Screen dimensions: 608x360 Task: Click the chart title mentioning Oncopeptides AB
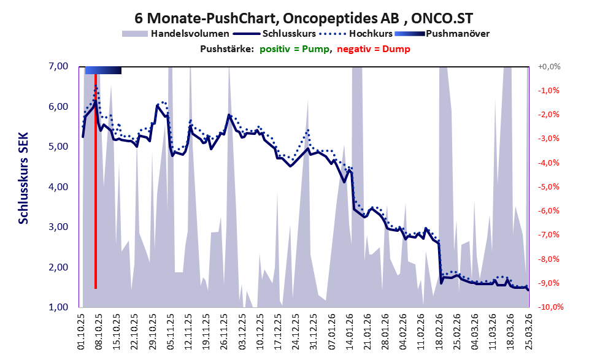[304, 18]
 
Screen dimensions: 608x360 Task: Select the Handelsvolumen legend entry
[175, 34]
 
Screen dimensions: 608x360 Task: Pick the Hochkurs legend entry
[356, 34]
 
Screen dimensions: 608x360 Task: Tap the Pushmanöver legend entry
[442, 34]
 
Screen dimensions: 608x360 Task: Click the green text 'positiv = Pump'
[294, 49]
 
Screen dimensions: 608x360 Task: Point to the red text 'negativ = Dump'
[374, 49]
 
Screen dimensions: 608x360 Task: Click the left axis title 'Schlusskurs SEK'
[24, 178]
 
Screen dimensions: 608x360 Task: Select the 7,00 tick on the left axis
[59, 66]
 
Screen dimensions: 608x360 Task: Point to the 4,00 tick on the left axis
[59, 187]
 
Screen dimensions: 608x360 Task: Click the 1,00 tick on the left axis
[59, 307]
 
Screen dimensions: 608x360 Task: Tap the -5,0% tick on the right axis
[548, 187]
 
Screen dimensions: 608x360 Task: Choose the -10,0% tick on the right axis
[550, 307]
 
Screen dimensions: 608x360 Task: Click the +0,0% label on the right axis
[549, 67]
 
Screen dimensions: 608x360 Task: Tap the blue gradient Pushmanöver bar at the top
[103, 70]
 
